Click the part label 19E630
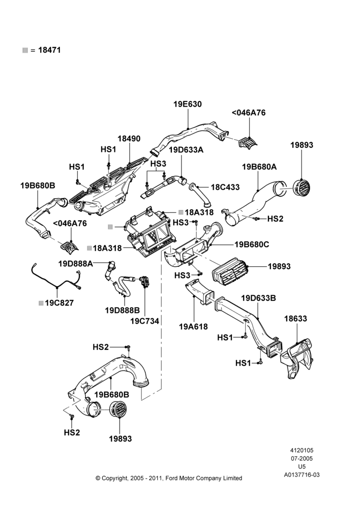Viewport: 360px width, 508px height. (188, 104)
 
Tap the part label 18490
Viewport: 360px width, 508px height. (129, 138)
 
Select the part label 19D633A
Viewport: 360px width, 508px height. (186, 150)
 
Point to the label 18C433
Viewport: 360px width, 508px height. (225, 187)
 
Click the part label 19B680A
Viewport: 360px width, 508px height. (259, 167)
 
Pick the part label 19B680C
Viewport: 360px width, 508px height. (252, 244)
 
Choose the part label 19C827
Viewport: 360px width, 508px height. (59, 303)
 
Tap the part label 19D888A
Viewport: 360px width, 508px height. (76, 264)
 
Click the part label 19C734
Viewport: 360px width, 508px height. (144, 321)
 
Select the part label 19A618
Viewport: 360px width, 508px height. (193, 327)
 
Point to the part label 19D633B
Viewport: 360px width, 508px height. (258, 298)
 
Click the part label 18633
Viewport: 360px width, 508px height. (295, 319)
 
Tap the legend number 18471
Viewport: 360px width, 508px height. (49, 50)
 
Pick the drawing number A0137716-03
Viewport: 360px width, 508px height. (302, 475)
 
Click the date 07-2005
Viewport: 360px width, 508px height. (302, 458)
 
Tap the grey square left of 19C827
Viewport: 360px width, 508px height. (41, 303)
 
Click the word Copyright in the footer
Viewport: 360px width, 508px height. (114, 478)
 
